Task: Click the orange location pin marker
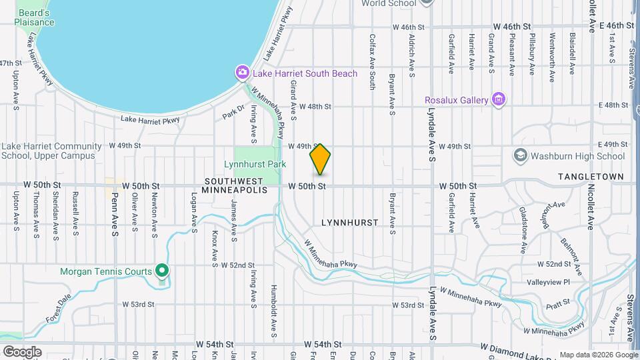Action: click(320, 159)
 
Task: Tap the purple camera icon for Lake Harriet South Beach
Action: click(242, 72)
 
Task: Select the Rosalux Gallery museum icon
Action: click(497, 100)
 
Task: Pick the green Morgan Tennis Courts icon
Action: click(161, 271)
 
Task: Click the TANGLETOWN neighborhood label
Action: click(591, 177)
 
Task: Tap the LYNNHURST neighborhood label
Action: click(350, 222)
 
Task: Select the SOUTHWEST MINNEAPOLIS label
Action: click(236, 185)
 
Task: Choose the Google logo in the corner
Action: click(21, 351)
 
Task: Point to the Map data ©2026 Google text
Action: click(598, 355)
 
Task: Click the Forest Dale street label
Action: click(59, 308)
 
